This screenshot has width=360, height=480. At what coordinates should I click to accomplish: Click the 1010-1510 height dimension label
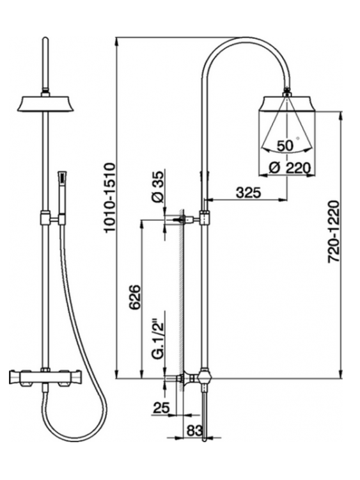(x=109, y=198)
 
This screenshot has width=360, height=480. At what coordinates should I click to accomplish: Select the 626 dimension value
(x=134, y=297)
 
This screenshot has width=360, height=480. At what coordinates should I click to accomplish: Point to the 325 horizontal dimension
(x=248, y=193)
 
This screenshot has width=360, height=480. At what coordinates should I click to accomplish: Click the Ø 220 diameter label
(x=290, y=168)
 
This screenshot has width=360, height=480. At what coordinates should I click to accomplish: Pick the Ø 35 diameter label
(x=157, y=187)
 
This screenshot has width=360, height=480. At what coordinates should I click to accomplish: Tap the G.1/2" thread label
(x=158, y=340)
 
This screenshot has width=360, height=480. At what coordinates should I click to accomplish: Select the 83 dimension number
(x=194, y=431)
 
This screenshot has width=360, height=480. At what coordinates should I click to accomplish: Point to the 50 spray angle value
(x=285, y=146)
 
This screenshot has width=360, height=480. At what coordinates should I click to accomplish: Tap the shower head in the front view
(x=45, y=104)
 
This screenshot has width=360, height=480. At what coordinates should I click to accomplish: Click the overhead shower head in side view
(x=286, y=104)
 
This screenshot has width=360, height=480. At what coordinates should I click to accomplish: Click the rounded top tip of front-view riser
(x=45, y=38)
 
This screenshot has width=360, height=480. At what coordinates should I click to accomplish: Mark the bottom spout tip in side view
(x=205, y=440)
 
